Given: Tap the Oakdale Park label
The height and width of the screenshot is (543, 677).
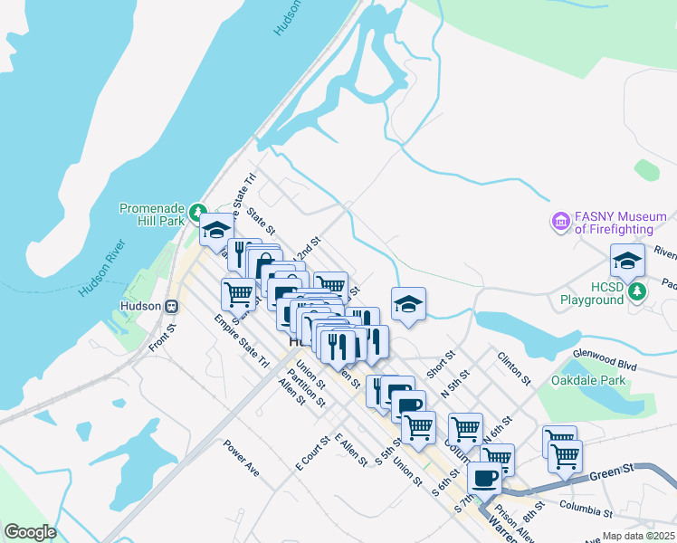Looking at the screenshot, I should point(588,381).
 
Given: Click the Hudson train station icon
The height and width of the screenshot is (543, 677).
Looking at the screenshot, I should point(171,306).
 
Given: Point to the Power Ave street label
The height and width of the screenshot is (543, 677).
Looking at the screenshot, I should point(242,459).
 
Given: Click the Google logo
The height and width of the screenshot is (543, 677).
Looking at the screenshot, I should point(31,532).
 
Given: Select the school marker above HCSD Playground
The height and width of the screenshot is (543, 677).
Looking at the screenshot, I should point(627,261).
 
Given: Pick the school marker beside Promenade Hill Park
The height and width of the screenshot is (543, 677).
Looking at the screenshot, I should point(216,231).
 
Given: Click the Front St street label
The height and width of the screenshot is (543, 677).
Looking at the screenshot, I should point(159,339).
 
